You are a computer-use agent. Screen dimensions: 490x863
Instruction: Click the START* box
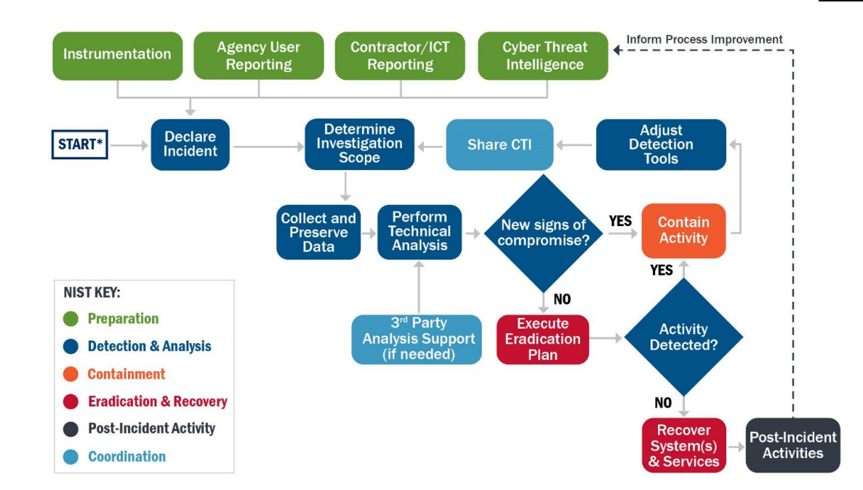point(81,145)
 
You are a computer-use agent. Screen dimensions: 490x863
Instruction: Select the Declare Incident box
point(190,145)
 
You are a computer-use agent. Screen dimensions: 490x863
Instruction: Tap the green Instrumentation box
point(117,55)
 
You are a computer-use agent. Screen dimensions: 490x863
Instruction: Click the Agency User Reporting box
point(258,55)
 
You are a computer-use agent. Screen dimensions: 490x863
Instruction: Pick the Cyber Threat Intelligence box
point(542,55)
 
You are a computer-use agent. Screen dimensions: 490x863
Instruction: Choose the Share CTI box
point(499,145)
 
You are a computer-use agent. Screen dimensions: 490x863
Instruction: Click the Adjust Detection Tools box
point(661,145)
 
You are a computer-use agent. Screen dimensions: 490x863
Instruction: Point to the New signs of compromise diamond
point(545,233)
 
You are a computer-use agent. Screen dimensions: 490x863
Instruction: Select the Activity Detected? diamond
point(683,337)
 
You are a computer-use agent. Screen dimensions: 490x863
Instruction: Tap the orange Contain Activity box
point(683,230)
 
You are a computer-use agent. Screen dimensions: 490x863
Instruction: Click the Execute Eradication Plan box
point(542,339)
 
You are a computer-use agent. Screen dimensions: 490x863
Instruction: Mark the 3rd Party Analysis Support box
point(417,339)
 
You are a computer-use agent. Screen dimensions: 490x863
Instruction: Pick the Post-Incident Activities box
point(792,445)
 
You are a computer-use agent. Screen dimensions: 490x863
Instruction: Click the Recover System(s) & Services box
point(684,445)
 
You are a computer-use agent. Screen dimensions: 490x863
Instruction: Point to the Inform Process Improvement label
point(704,39)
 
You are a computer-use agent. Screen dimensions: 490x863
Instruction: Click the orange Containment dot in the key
point(71,374)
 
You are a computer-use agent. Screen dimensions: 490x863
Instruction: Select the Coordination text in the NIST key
point(127,457)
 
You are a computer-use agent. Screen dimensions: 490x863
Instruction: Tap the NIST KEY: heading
point(92,293)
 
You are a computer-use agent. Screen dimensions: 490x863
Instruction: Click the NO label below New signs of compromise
point(561,299)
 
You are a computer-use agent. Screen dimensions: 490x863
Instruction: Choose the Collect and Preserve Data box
point(318,233)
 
